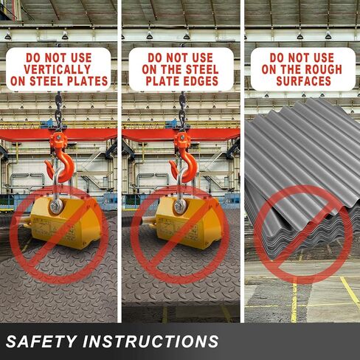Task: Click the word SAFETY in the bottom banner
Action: click(43, 341)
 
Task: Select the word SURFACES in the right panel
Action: click(302, 81)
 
